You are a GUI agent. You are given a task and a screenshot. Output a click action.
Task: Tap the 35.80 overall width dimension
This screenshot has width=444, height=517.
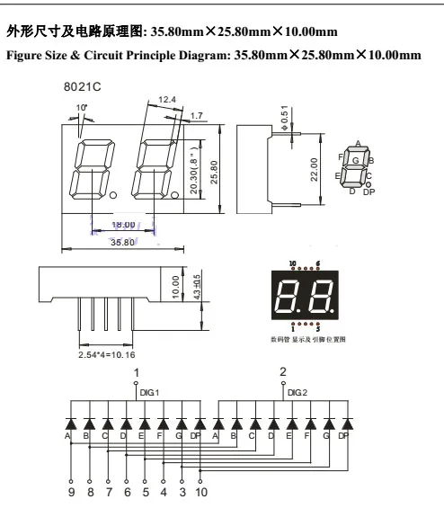pyautogui.click(x=122, y=242)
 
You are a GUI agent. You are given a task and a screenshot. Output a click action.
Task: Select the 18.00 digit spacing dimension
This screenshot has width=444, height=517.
pyautogui.click(x=123, y=225)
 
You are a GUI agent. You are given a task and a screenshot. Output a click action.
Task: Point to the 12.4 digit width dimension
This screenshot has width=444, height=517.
pyautogui.click(x=166, y=98)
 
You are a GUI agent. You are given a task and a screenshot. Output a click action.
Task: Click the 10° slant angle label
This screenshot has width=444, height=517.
pyautogui.click(x=83, y=107)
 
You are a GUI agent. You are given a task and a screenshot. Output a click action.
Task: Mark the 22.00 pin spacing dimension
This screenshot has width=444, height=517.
pyautogui.click(x=315, y=168)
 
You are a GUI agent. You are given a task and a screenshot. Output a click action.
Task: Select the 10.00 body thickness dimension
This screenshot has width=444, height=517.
pyautogui.click(x=177, y=287)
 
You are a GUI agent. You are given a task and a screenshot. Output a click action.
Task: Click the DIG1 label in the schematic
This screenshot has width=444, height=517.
pyautogui.click(x=148, y=392)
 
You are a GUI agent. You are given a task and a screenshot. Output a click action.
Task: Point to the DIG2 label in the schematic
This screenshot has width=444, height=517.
pyautogui.click(x=297, y=392)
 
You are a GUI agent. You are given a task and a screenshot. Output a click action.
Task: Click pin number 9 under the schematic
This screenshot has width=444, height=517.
pyautogui.click(x=71, y=493)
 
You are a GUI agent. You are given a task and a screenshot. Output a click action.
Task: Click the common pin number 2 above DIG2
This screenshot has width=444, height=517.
pyautogui.click(x=283, y=371)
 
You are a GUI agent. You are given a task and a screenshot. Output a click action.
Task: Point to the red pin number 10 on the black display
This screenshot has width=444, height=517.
pyautogui.click(x=293, y=264)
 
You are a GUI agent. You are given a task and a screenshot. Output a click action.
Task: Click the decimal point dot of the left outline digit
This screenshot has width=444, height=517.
pyautogui.click(x=113, y=194)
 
